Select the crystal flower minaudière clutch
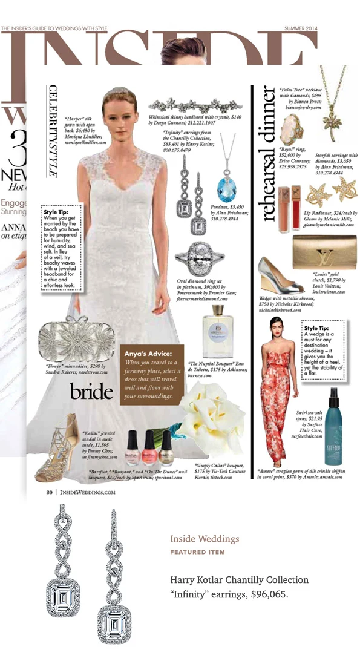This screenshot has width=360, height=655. pyautogui.click(x=68, y=341)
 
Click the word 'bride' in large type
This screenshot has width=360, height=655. pyautogui.click(x=91, y=392)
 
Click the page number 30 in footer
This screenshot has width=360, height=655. pyautogui.click(x=50, y=492)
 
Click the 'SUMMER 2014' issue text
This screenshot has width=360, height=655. pyautogui.click(x=301, y=28)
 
